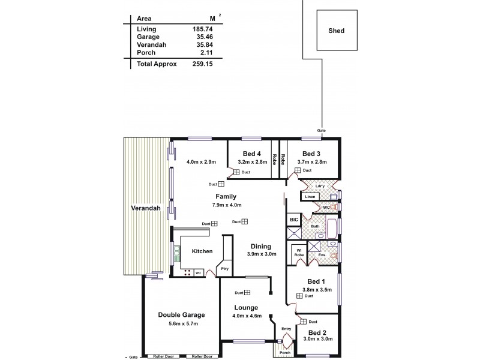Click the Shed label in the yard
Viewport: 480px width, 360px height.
[337, 31]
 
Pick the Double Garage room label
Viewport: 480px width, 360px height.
[181, 314]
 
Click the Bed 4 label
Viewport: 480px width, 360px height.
[252, 153]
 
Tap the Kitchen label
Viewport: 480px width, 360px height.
[203, 251]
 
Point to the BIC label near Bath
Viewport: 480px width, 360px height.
[293, 220]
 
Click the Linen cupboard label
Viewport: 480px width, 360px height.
[310, 197]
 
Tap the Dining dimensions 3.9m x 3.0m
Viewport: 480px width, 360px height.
[261, 254]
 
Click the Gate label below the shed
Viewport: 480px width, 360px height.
[322, 130]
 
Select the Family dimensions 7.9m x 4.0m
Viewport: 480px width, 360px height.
[226, 205]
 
